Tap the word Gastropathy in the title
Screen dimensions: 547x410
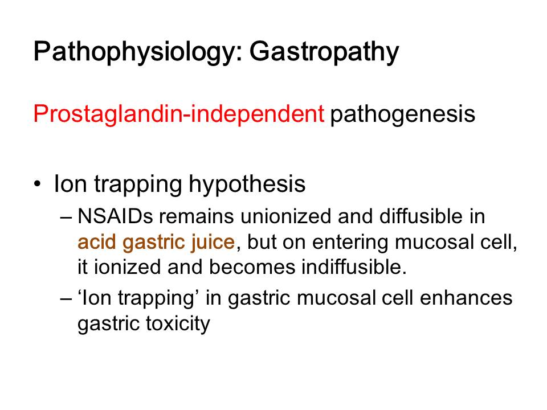click(x=324, y=52)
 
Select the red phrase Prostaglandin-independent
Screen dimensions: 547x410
click(x=179, y=114)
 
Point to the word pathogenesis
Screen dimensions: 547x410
click(x=403, y=114)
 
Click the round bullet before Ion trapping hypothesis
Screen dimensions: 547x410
click(x=38, y=183)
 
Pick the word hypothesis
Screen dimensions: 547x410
click(x=247, y=184)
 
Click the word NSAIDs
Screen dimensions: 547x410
click(x=116, y=216)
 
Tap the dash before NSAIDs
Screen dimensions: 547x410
click(x=66, y=218)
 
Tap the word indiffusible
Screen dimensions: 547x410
click(x=354, y=268)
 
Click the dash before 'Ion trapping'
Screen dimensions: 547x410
click(x=66, y=299)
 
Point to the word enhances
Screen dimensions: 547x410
click(x=466, y=298)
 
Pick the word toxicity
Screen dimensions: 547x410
click(x=178, y=324)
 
